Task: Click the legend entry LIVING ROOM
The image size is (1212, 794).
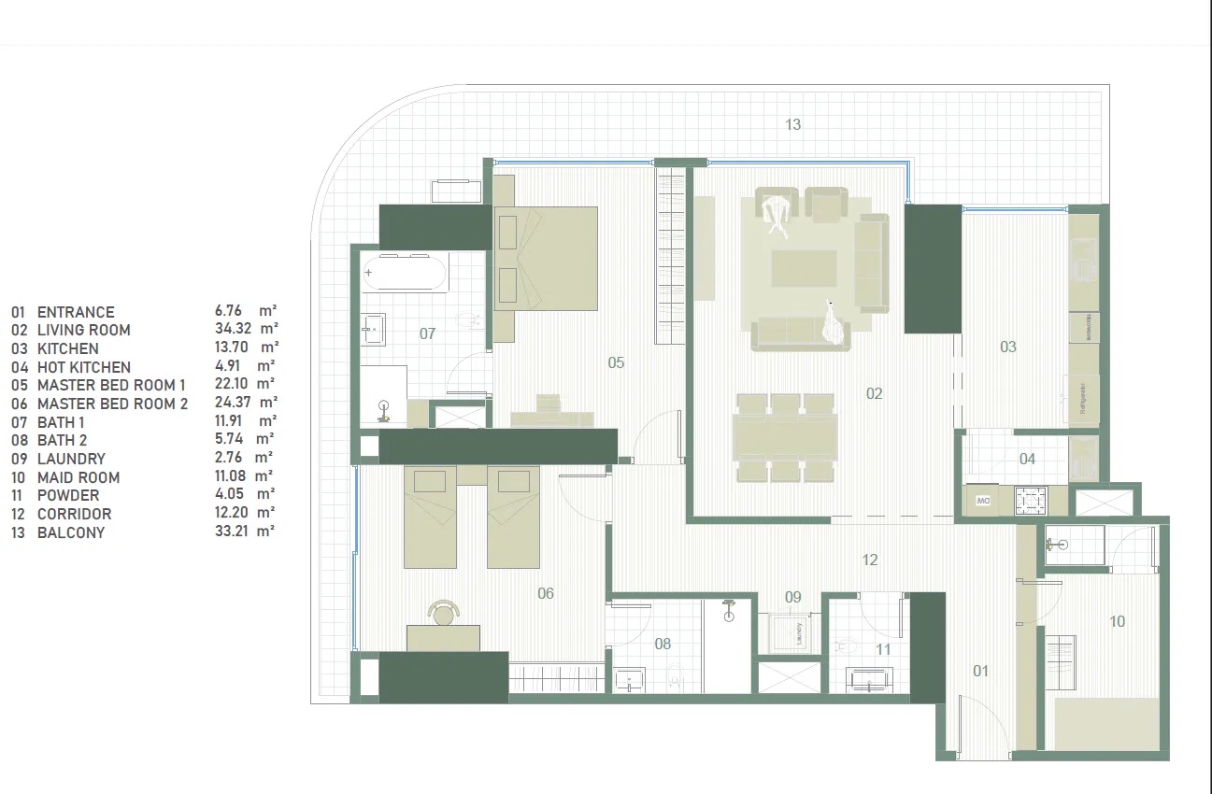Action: pyautogui.click(x=83, y=330)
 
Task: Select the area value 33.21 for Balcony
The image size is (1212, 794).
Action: pyautogui.click(x=232, y=532)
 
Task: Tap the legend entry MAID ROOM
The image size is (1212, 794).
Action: pyautogui.click(x=78, y=477)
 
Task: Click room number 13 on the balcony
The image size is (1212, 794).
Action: pyautogui.click(x=792, y=124)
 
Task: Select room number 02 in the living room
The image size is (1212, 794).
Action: pyautogui.click(x=874, y=394)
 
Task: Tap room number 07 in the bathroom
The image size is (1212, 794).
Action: pyautogui.click(x=427, y=333)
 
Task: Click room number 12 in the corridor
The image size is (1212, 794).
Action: pyautogui.click(x=870, y=560)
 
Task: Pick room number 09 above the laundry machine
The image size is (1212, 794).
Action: pyautogui.click(x=792, y=597)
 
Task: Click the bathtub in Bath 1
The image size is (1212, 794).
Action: pyautogui.click(x=406, y=272)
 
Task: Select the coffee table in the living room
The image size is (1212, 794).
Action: pyautogui.click(x=804, y=267)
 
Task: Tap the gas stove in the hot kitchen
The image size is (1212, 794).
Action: pyautogui.click(x=1031, y=502)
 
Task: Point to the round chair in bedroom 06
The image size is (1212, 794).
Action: pyautogui.click(x=443, y=612)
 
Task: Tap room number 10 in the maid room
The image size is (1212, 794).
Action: pyautogui.click(x=1117, y=621)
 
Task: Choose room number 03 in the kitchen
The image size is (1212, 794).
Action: pyautogui.click(x=1007, y=347)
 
